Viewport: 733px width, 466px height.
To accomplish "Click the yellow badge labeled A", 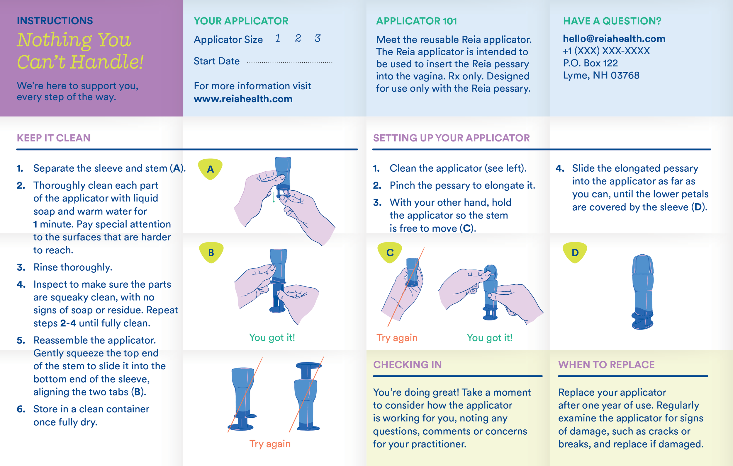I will (x=210, y=169).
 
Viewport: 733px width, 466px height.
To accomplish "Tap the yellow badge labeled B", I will (x=211, y=252).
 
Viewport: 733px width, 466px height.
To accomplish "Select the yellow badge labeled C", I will (x=390, y=252).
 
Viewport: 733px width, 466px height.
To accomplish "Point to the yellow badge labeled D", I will (x=575, y=252).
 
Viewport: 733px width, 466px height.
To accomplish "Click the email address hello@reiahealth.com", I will (x=614, y=39).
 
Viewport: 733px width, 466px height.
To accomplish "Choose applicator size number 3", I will (x=318, y=38).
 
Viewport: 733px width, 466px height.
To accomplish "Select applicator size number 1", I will (x=278, y=38).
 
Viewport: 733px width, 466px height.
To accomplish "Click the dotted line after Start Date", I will (x=289, y=62).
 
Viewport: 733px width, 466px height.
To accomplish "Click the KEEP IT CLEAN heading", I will (x=54, y=138).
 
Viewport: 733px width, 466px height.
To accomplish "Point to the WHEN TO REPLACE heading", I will (x=606, y=364).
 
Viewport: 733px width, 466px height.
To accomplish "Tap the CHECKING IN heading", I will (x=407, y=364).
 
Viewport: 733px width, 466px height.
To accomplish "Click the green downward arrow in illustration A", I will (x=274, y=197).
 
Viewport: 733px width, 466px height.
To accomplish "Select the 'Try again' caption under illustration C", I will (x=397, y=338).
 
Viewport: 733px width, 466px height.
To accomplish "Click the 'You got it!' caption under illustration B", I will (x=272, y=337).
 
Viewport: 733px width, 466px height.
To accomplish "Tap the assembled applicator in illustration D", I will (x=643, y=292).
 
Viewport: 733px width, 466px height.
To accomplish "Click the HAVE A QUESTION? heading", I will (x=612, y=21).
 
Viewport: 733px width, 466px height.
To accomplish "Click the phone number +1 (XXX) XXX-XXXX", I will (x=606, y=51).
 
